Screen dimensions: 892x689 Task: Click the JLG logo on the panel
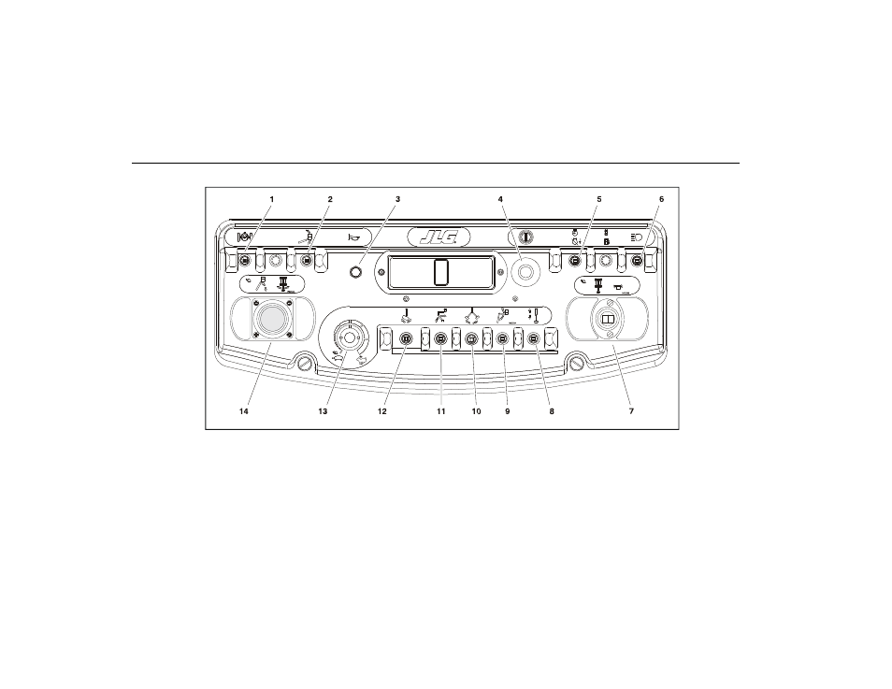coord(439,237)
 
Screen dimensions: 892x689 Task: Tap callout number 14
coord(243,411)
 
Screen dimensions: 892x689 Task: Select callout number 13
coord(323,411)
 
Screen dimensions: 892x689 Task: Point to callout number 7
coord(631,411)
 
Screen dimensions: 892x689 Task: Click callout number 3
coord(397,199)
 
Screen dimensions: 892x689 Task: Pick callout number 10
coord(476,411)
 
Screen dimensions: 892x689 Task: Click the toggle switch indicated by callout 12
coord(406,338)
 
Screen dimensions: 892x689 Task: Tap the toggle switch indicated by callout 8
coord(534,339)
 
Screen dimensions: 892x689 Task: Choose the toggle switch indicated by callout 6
coord(637,261)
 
